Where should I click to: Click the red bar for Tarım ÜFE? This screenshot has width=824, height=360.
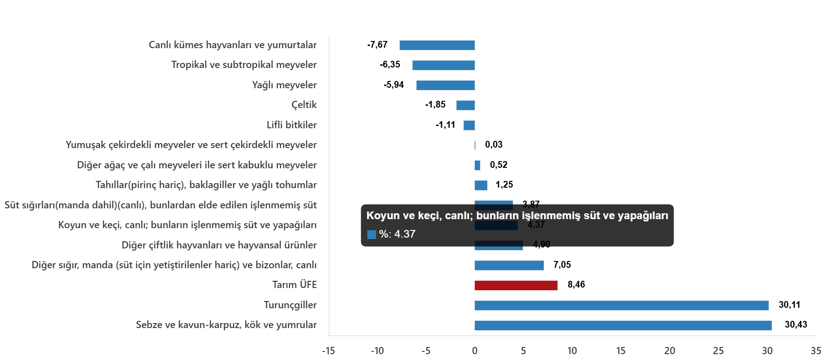(x=516, y=285)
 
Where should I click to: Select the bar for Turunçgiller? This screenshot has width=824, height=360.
(x=621, y=306)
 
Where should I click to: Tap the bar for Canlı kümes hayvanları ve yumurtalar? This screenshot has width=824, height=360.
(x=437, y=45)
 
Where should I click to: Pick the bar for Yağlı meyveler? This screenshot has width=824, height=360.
(x=445, y=85)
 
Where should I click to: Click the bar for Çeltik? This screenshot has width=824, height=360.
(x=465, y=105)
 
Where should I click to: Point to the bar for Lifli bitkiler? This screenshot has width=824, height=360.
(x=469, y=126)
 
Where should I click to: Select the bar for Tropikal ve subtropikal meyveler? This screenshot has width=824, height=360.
(x=444, y=65)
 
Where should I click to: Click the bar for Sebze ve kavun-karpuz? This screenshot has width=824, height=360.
(x=623, y=325)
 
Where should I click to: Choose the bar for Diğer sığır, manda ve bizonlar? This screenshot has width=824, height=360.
(x=509, y=265)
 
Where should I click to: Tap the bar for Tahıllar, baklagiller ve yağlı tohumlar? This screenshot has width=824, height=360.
(x=481, y=185)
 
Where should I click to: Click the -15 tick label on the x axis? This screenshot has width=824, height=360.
(x=328, y=351)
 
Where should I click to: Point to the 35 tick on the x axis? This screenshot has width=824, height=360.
(x=815, y=351)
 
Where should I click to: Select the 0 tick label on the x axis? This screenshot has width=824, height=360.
(x=475, y=351)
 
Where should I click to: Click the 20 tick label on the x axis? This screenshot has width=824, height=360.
(x=670, y=351)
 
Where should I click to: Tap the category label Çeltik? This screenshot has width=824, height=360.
(x=304, y=105)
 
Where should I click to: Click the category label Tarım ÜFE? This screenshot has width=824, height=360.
(x=294, y=285)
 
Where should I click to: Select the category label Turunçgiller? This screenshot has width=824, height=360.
(x=290, y=305)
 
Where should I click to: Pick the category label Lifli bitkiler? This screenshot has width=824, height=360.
(x=291, y=125)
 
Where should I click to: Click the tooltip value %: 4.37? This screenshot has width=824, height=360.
(x=397, y=234)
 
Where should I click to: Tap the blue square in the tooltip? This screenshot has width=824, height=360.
(x=371, y=234)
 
